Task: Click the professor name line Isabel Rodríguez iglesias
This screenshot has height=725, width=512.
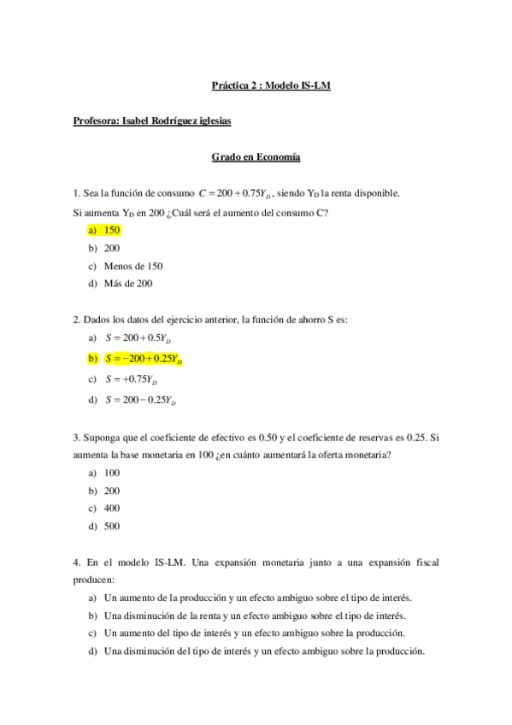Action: [152, 121]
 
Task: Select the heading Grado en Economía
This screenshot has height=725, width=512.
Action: [256, 157]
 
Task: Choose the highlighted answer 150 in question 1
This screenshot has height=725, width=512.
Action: [112, 230]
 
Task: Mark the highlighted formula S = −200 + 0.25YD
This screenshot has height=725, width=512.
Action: [144, 359]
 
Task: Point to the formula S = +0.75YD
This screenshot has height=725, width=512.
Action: [131, 380]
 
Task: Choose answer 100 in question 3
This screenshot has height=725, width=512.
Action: [112, 473]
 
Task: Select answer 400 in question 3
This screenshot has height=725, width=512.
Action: [112, 509]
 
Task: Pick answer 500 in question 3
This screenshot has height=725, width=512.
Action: [112, 527]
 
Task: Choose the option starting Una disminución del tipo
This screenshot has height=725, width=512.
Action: [264, 651]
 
